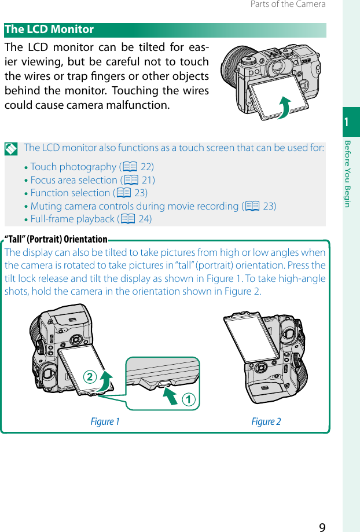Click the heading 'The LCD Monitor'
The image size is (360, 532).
pyautogui.click(x=49, y=30)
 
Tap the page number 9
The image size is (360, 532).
pyautogui.click(x=322, y=526)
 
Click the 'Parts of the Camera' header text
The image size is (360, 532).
pyautogui.click(x=288, y=5)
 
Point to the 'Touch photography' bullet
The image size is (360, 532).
pyautogui.click(x=74, y=167)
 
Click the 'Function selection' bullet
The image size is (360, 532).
pyautogui.click(x=70, y=193)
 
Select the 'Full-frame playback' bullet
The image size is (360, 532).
pyautogui.click(x=72, y=219)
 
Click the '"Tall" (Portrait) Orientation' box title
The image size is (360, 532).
pyautogui.click(x=56, y=239)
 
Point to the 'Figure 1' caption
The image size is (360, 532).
pyautogui.click(x=105, y=421)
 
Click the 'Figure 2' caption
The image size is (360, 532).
pyautogui.click(x=266, y=421)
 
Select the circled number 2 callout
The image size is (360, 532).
pyautogui.click(x=90, y=377)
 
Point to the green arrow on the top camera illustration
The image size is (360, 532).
pyautogui.click(x=284, y=108)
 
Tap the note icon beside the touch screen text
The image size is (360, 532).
pyautogui.click(x=11, y=148)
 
